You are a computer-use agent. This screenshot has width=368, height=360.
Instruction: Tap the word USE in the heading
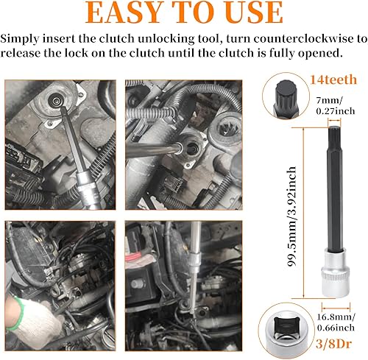[247, 13]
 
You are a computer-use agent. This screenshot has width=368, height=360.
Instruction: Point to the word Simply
[21, 38]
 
